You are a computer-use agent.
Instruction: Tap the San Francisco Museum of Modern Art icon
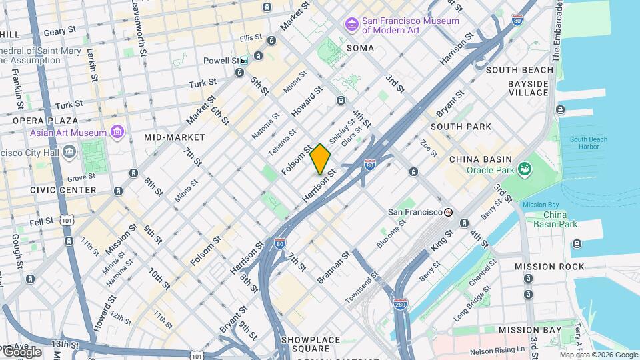coord(351,24)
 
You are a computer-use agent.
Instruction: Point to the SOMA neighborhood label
coord(360,48)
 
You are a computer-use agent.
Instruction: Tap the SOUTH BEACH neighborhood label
coord(519,70)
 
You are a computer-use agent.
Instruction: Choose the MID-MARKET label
coord(169,137)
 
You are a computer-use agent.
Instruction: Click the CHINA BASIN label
coord(480,159)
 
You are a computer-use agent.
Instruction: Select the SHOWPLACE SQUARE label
coord(310,344)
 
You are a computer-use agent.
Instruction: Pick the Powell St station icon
coord(244,60)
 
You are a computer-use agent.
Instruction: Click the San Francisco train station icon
coord(449,212)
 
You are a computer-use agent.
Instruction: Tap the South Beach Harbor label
coord(588,143)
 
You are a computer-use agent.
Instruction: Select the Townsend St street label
coord(362,288)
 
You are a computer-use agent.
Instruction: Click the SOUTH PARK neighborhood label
coord(461,126)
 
